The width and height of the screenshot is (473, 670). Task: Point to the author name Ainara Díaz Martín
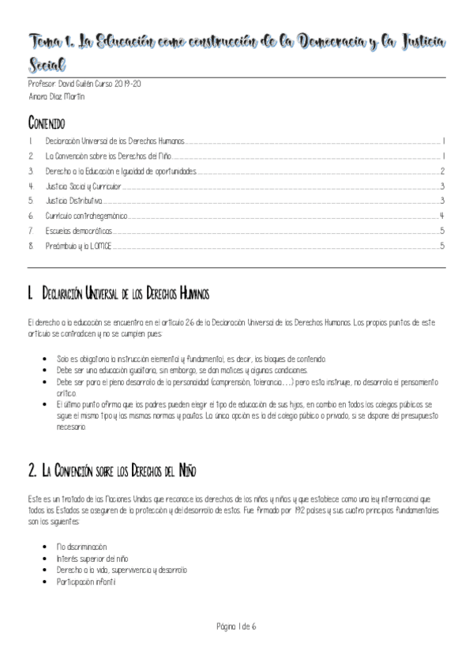pos(56,96)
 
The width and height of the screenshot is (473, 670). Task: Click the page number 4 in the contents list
pos(442,216)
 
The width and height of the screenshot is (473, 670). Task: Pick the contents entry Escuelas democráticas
pos(78,231)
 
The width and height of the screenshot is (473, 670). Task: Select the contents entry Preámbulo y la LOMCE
pos(78,246)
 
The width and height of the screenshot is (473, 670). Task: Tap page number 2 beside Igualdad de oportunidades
pos(443,171)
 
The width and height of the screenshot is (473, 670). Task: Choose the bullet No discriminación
pos(81,547)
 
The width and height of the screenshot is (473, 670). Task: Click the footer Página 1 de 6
pos(236,627)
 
